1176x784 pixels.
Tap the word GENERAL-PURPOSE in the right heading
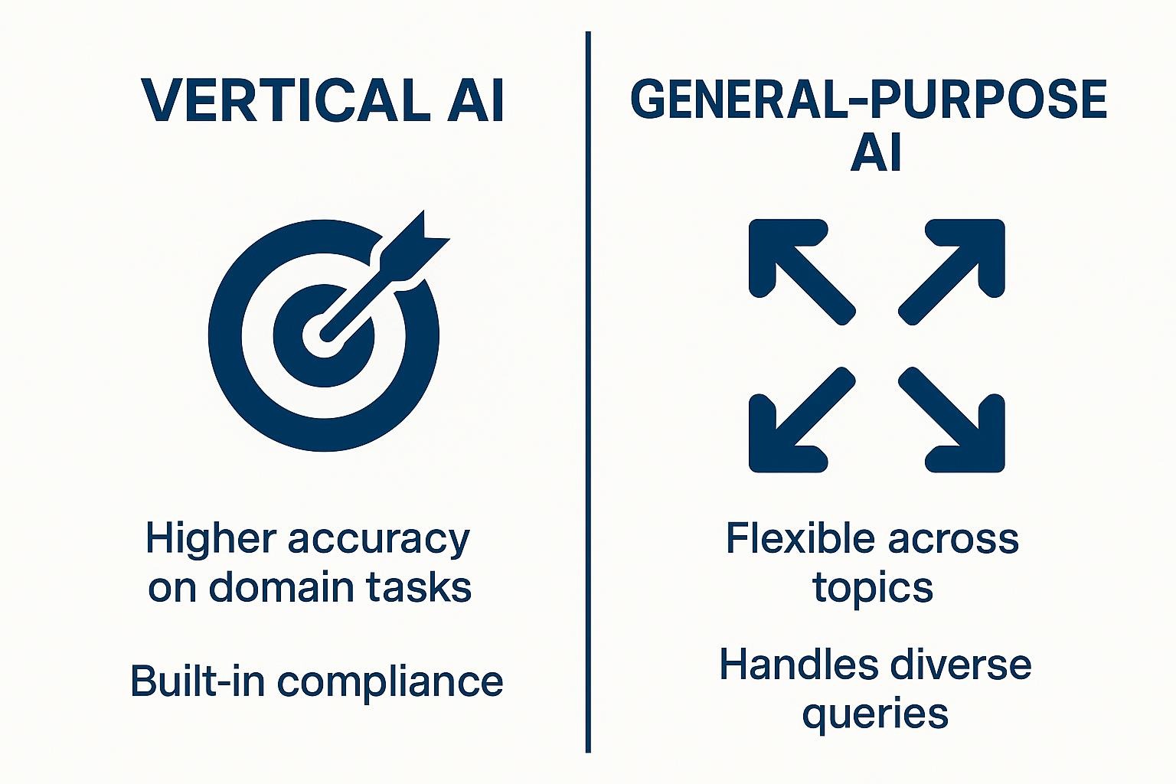pos(869,100)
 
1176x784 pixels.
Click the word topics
pos(873,588)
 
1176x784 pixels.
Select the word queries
pos(874,714)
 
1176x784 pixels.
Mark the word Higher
pos(209,539)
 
